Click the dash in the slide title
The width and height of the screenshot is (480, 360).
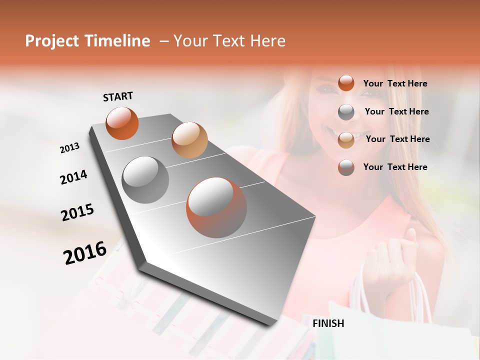[x=163, y=41]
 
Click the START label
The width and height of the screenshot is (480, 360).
[x=118, y=96]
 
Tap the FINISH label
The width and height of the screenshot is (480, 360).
[x=328, y=323]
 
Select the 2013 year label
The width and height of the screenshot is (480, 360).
[x=69, y=148]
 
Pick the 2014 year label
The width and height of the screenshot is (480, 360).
[x=73, y=177]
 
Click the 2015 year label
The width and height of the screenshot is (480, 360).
[x=77, y=212]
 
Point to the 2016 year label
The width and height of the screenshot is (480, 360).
[x=85, y=252]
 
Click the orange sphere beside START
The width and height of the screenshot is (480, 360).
[x=122, y=123]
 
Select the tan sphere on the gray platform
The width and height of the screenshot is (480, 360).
[x=189, y=140]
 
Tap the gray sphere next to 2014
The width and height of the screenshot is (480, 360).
[x=145, y=179]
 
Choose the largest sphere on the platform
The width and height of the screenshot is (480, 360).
[x=216, y=207]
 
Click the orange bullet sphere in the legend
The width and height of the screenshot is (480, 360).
[x=346, y=83]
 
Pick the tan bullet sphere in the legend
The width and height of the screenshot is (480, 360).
[x=346, y=140]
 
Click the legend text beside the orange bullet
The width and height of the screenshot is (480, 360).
[x=395, y=83]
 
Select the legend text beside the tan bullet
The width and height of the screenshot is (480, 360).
[x=397, y=139]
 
